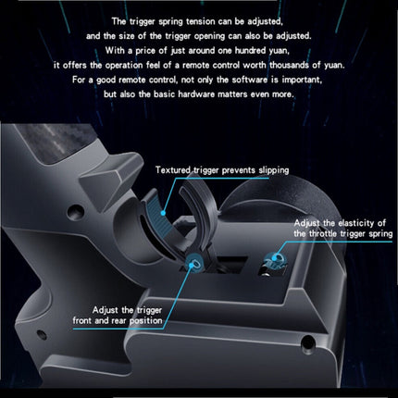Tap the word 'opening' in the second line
click(210, 36)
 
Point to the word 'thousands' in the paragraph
click(289, 65)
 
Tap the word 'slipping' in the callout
click(274, 170)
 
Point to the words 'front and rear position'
click(118, 321)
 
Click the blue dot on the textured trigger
click(163, 213)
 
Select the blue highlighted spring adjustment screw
click(278, 258)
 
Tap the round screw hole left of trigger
click(74, 212)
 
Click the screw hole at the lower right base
click(307, 342)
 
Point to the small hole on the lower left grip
click(41, 334)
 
